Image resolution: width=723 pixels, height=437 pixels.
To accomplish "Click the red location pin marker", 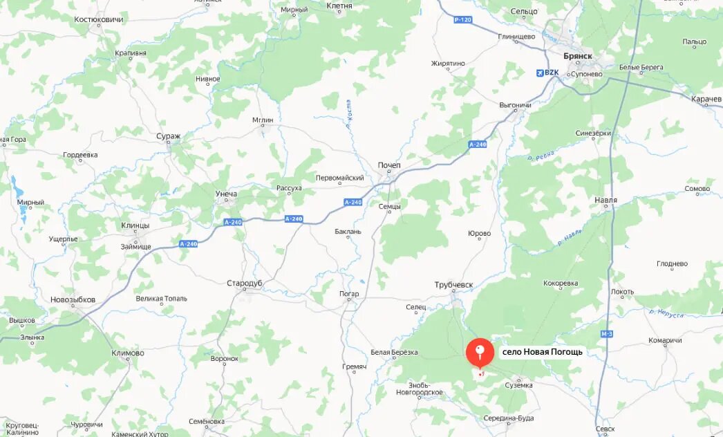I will [480, 352].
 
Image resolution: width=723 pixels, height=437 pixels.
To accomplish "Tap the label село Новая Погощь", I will [542, 352].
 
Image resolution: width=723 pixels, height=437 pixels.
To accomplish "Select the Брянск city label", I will [579, 57].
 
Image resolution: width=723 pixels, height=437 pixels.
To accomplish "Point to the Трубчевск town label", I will [453, 285].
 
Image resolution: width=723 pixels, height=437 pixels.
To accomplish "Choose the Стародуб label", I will [246, 283].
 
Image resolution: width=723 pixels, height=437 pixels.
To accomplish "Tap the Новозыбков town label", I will [73, 299].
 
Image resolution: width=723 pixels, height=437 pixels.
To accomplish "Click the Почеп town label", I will [389, 165].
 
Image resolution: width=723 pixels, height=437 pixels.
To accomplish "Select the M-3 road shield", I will [607, 334].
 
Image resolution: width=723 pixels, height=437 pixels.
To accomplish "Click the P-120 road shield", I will [462, 19].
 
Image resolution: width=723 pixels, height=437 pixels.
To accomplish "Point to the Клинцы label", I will [135, 225].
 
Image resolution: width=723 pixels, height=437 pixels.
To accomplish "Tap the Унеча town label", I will [226, 193].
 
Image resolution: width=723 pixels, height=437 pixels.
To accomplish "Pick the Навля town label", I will [605, 201].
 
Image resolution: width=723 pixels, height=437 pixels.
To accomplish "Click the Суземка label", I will [518, 384].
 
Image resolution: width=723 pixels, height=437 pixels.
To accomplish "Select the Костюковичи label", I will [99, 19].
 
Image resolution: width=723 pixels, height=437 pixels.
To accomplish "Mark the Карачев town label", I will [706, 100].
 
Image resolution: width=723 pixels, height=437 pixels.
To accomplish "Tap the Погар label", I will [349, 294].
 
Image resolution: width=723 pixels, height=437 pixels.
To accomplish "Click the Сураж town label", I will [168, 136].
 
